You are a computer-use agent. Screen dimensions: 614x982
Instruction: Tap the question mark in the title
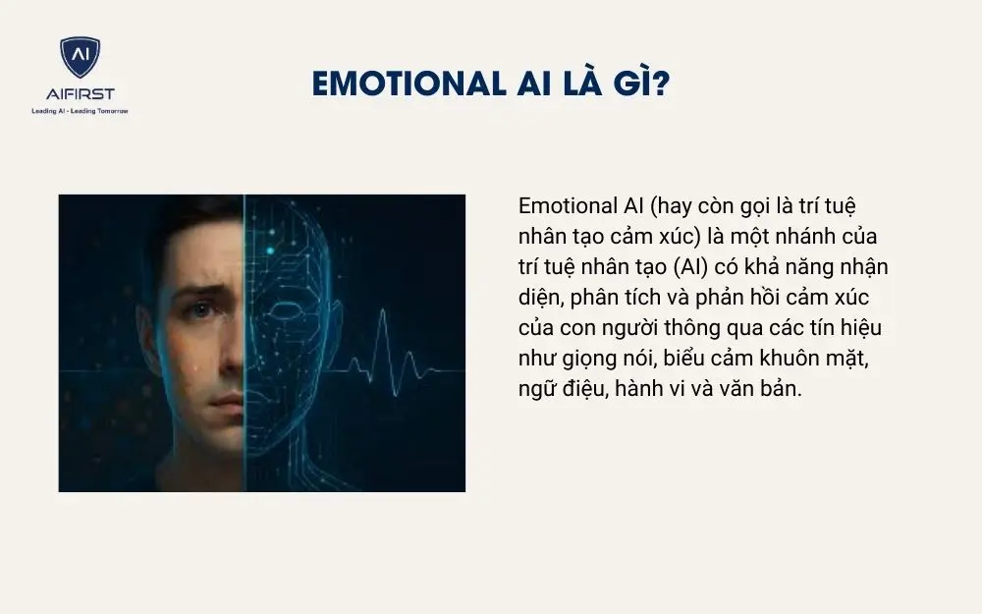tap(661, 85)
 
